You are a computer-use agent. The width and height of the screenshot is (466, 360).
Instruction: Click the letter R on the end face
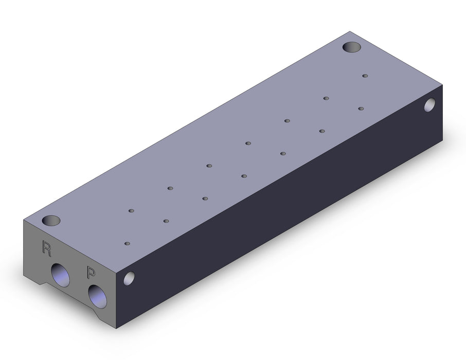point(47,248)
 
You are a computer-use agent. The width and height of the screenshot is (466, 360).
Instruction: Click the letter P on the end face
point(91,272)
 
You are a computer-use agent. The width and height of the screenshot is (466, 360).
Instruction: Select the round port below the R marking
point(60,275)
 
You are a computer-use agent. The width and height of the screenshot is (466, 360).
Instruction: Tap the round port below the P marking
point(98,296)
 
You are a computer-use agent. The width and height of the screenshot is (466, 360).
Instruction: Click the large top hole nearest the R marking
point(51,221)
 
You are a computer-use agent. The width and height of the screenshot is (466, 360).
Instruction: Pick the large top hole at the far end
point(352,47)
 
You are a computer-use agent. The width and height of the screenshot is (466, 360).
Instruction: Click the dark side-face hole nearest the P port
point(129,279)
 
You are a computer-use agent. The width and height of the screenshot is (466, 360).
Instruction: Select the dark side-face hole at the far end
point(430,105)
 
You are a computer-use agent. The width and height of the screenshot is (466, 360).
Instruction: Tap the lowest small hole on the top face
point(127,243)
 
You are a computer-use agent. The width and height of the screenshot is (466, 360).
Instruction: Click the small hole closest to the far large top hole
point(365,76)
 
